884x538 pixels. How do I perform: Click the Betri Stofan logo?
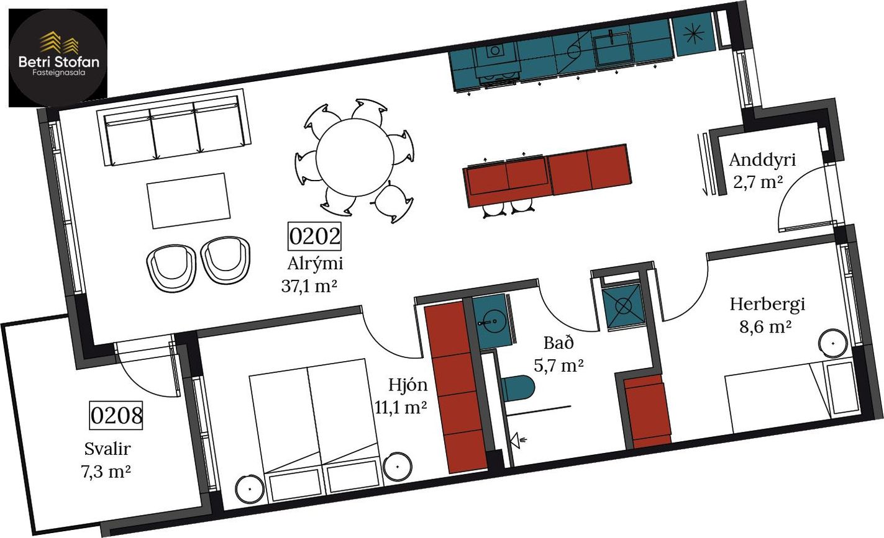[58, 58]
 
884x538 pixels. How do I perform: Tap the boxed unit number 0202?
[314, 236]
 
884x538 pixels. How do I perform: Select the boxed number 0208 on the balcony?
[116, 415]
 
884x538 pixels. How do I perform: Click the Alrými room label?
[315, 263]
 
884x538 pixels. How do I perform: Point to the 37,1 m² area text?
[309, 286]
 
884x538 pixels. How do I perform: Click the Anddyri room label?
[762, 159]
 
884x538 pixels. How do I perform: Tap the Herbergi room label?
[767, 304]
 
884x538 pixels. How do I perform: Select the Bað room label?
[558, 343]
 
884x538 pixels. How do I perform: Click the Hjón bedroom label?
[408, 385]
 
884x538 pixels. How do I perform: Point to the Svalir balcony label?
[107, 449]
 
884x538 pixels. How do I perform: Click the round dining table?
[355, 157]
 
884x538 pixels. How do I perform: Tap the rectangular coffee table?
[189, 200]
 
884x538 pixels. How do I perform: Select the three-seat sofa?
[174, 127]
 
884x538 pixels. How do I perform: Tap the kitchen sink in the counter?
[613, 48]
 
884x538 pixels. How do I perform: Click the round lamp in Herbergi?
[833, 343]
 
